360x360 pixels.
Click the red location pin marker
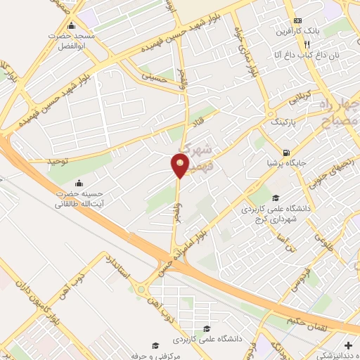tap(180, 165)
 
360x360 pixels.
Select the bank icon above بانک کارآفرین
tap(298, 20)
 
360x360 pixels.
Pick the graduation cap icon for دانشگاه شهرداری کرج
tap(276, 198)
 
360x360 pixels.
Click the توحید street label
tap(58, 161)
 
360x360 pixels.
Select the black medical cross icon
tap(349, 345)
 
